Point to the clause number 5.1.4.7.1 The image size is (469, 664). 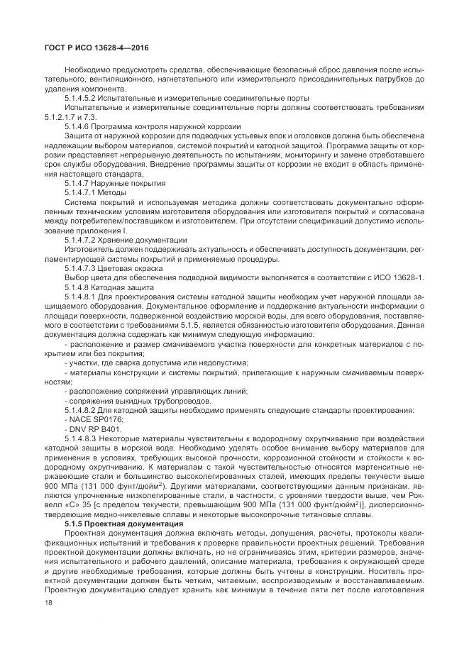[x=82, y=192]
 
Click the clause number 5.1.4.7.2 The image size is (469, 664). [x=82, y=239]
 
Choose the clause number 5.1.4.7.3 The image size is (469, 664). [x=82, y=267]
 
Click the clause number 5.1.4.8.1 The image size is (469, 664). [x=82, y=296]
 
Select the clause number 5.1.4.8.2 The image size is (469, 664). [x=82, y=410]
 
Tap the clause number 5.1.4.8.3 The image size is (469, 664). [x=82, y=438]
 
